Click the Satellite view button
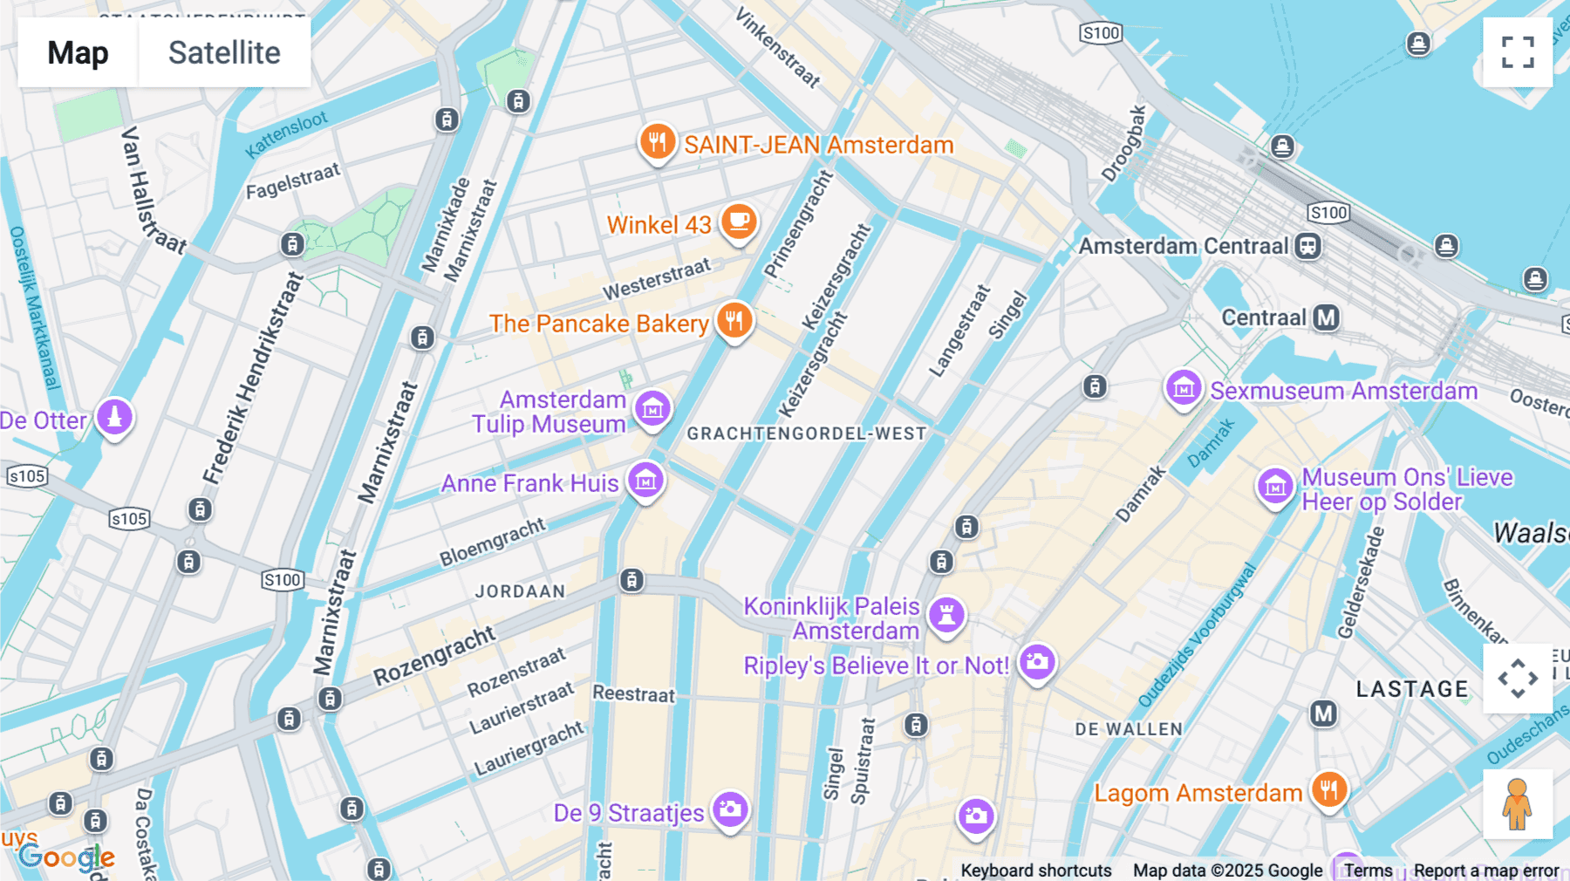pos(224,52)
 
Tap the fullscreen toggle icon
pos(1518,52)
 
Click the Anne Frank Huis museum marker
pos(646,480)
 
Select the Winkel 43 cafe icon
pos(739,222)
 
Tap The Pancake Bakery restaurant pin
pos(734,321)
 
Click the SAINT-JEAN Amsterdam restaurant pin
pos(658,141)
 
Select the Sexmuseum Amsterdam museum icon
pos(1184,388)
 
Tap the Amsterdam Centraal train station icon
pos(1307,246)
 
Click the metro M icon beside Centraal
pos(1327,318)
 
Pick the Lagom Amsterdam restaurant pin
pos(1328,790)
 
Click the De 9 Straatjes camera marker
pos(730,809)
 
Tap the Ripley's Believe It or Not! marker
pos(1037,663)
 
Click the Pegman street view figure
pos(1517,804)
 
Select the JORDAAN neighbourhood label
pos(520,591)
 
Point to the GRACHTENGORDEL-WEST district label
pos(807,434)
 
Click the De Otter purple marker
pos(114,417)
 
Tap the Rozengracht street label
pos(433,656)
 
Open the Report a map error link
pos(1486,871)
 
